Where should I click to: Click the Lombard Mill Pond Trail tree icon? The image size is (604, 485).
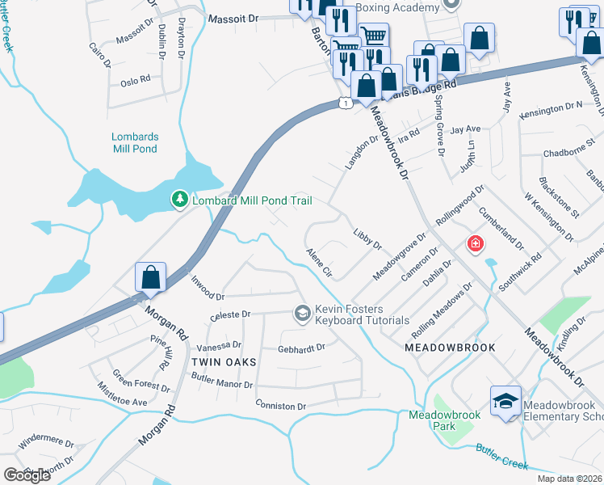pos(179,199)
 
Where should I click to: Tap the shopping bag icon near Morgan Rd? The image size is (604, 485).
pos(151,277)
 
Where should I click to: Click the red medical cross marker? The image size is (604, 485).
pos(476,243)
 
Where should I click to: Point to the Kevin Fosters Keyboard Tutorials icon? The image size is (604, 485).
pos(303,313)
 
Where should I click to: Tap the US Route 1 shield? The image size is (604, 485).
pos(346,103)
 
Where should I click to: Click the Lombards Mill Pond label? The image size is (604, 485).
pos(135,142)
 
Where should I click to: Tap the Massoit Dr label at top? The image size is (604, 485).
pos(233,17)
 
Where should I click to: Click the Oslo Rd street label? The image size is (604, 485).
pos(135,80)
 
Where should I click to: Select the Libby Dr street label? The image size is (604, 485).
pos(367,238)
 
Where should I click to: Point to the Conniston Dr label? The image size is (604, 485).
pos(281,405)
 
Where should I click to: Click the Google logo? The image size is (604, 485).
pos(27,475)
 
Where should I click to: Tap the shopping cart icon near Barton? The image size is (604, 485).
pos(373,36)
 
